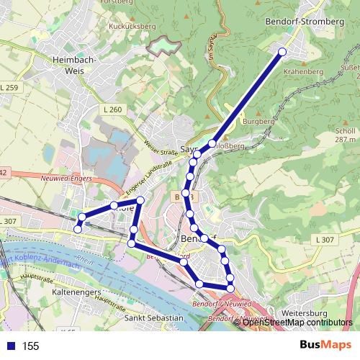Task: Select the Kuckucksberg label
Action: point(132,26)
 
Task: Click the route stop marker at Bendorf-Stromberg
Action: point(282,52)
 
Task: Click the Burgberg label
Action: point(259,122)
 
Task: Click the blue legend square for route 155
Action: point(9,346)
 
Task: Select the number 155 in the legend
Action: point(31,346)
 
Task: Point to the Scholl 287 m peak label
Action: point(346,136)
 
